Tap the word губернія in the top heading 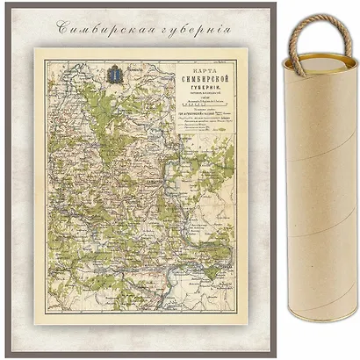(198, 25)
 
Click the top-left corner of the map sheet (36, 49)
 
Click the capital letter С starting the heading (62, 25)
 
